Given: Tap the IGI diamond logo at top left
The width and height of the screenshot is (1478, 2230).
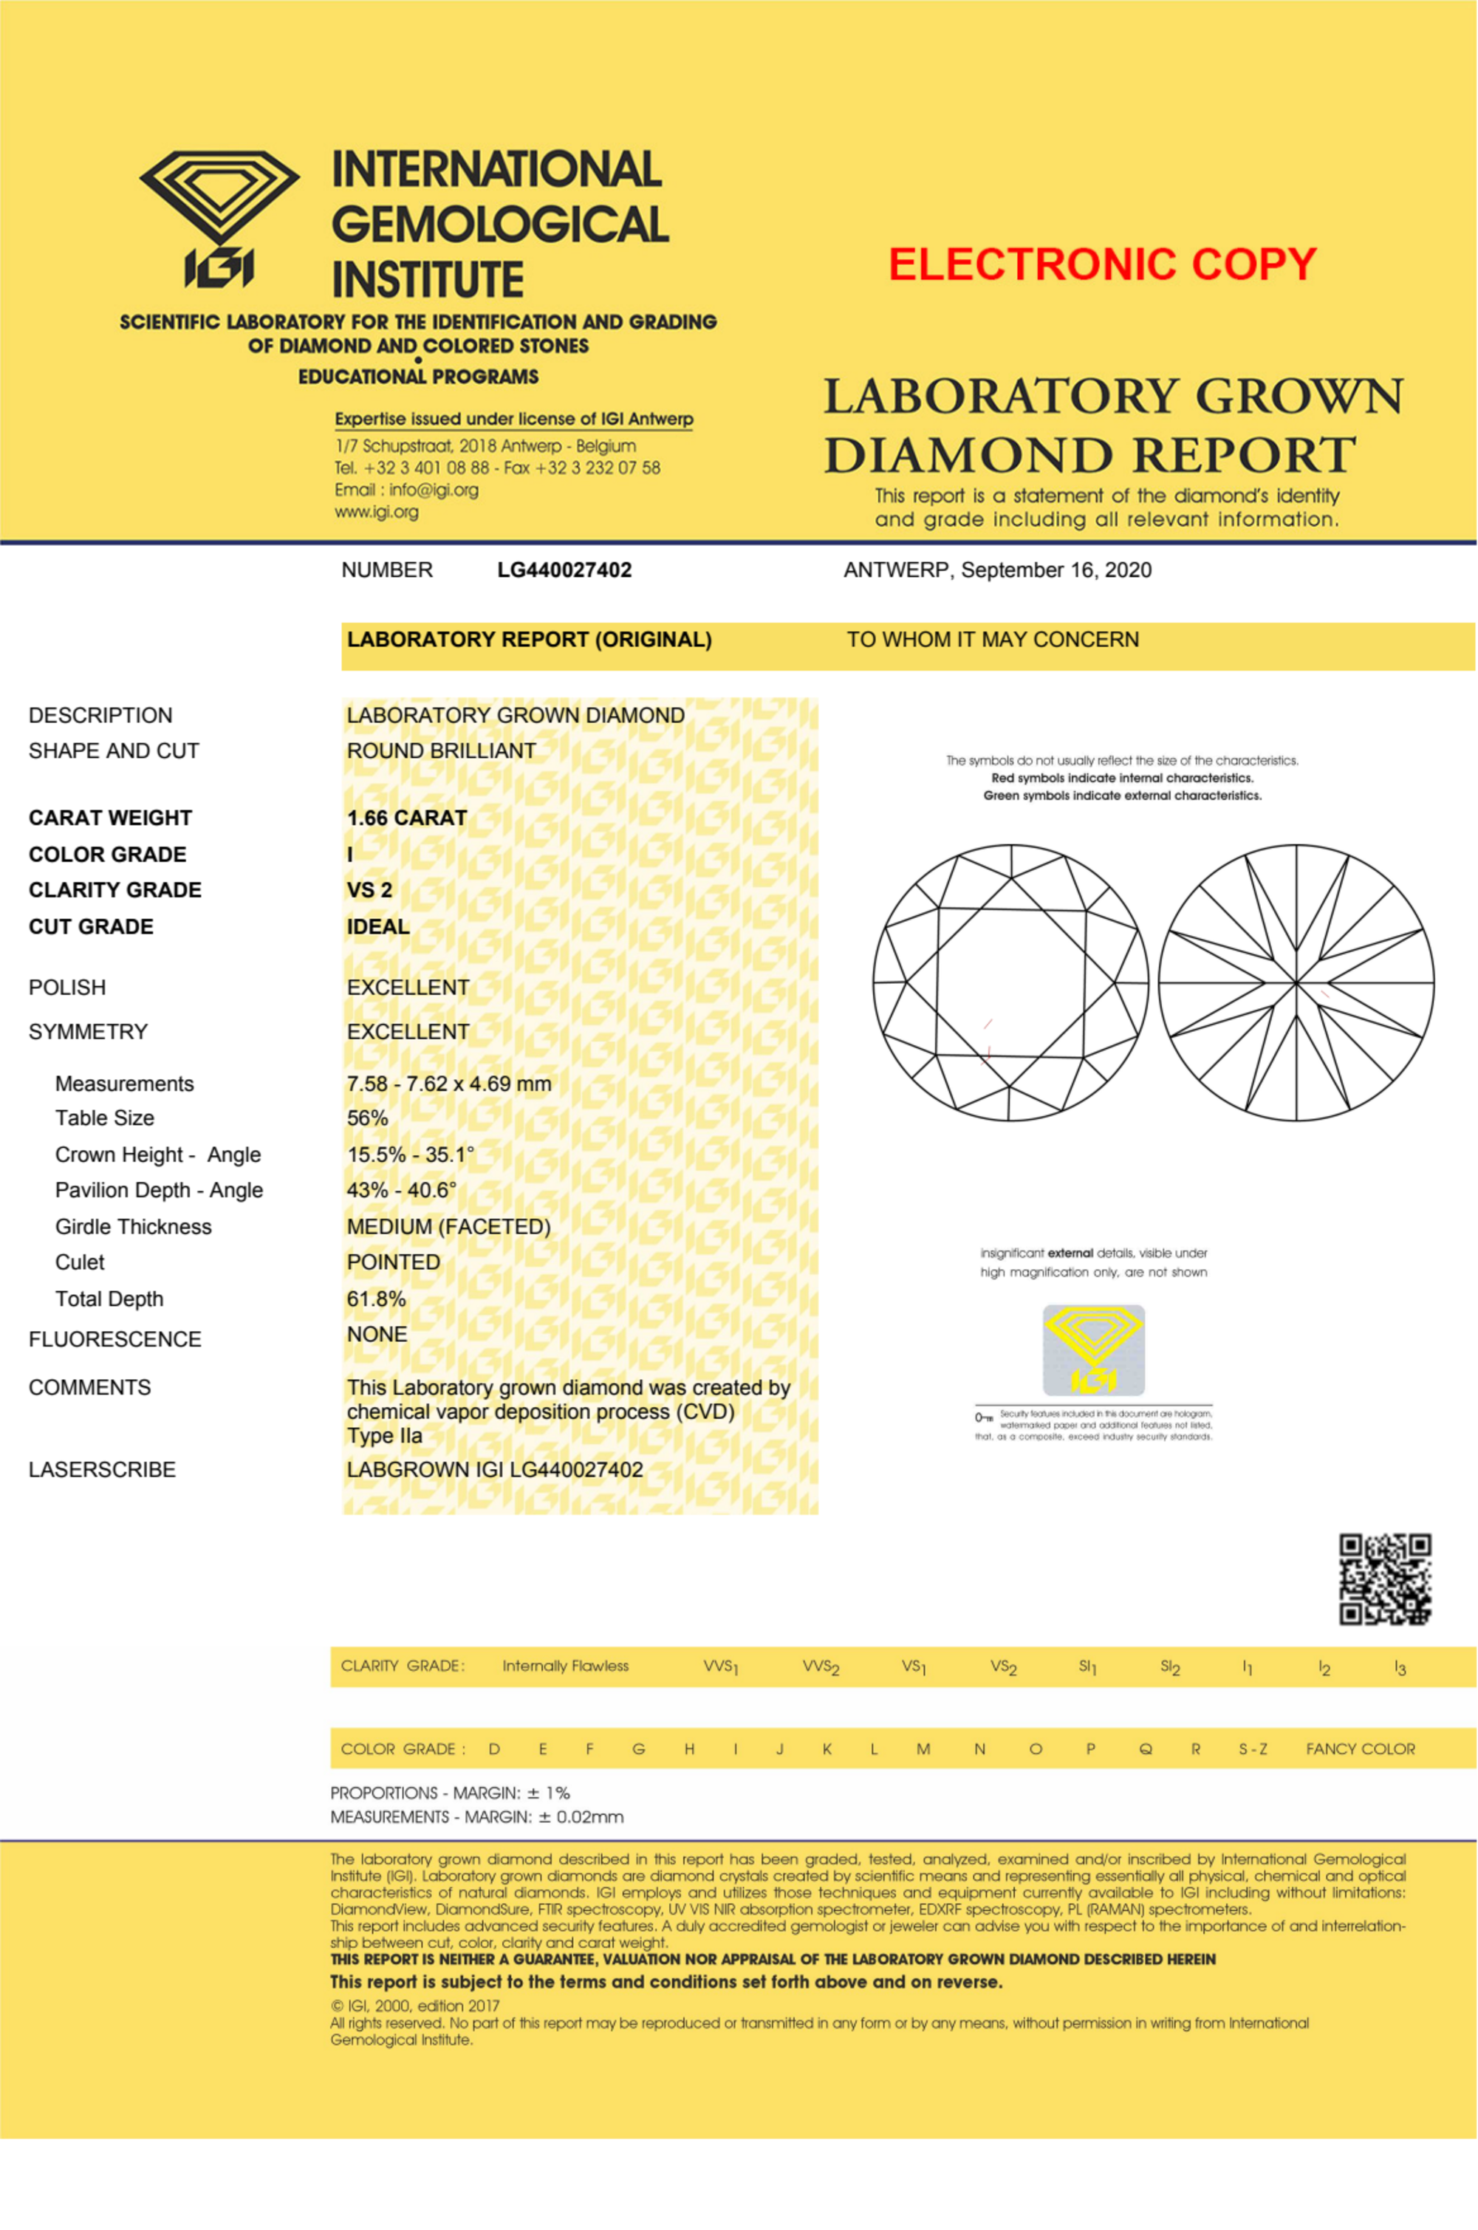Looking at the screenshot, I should point(219,219).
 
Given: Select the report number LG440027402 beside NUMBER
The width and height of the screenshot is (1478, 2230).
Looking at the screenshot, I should point(564,570).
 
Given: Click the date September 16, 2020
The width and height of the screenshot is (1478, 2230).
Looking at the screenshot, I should point(1056,570).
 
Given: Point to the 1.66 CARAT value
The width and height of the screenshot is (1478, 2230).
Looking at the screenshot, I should point(406,818).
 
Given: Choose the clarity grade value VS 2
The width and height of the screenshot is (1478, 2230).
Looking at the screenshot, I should point(369,890).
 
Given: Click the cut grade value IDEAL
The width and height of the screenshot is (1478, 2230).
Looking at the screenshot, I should point(378,926).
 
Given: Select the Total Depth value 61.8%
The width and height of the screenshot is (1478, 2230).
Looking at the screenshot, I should point(376,1299).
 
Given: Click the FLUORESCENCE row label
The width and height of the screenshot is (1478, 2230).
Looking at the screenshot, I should point(115,1339).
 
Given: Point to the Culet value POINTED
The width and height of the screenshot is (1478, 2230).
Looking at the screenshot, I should point(393,1262).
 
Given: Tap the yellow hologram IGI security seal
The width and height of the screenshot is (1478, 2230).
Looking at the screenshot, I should point(1093,1350).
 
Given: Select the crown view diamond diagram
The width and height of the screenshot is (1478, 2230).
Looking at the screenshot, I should point(1010,982).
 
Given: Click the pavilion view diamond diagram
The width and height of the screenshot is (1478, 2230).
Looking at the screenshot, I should point(1296,982).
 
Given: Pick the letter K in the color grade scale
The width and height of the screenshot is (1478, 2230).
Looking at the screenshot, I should point(827,1749).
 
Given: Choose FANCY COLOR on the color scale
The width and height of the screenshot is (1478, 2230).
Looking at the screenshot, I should point(1360,1749).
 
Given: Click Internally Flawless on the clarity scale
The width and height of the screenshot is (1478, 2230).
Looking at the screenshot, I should point(566,1666).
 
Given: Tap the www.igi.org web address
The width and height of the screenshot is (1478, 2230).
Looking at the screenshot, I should point(376,512).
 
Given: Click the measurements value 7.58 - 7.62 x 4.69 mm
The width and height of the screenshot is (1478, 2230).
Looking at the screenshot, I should point(448,1084).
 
